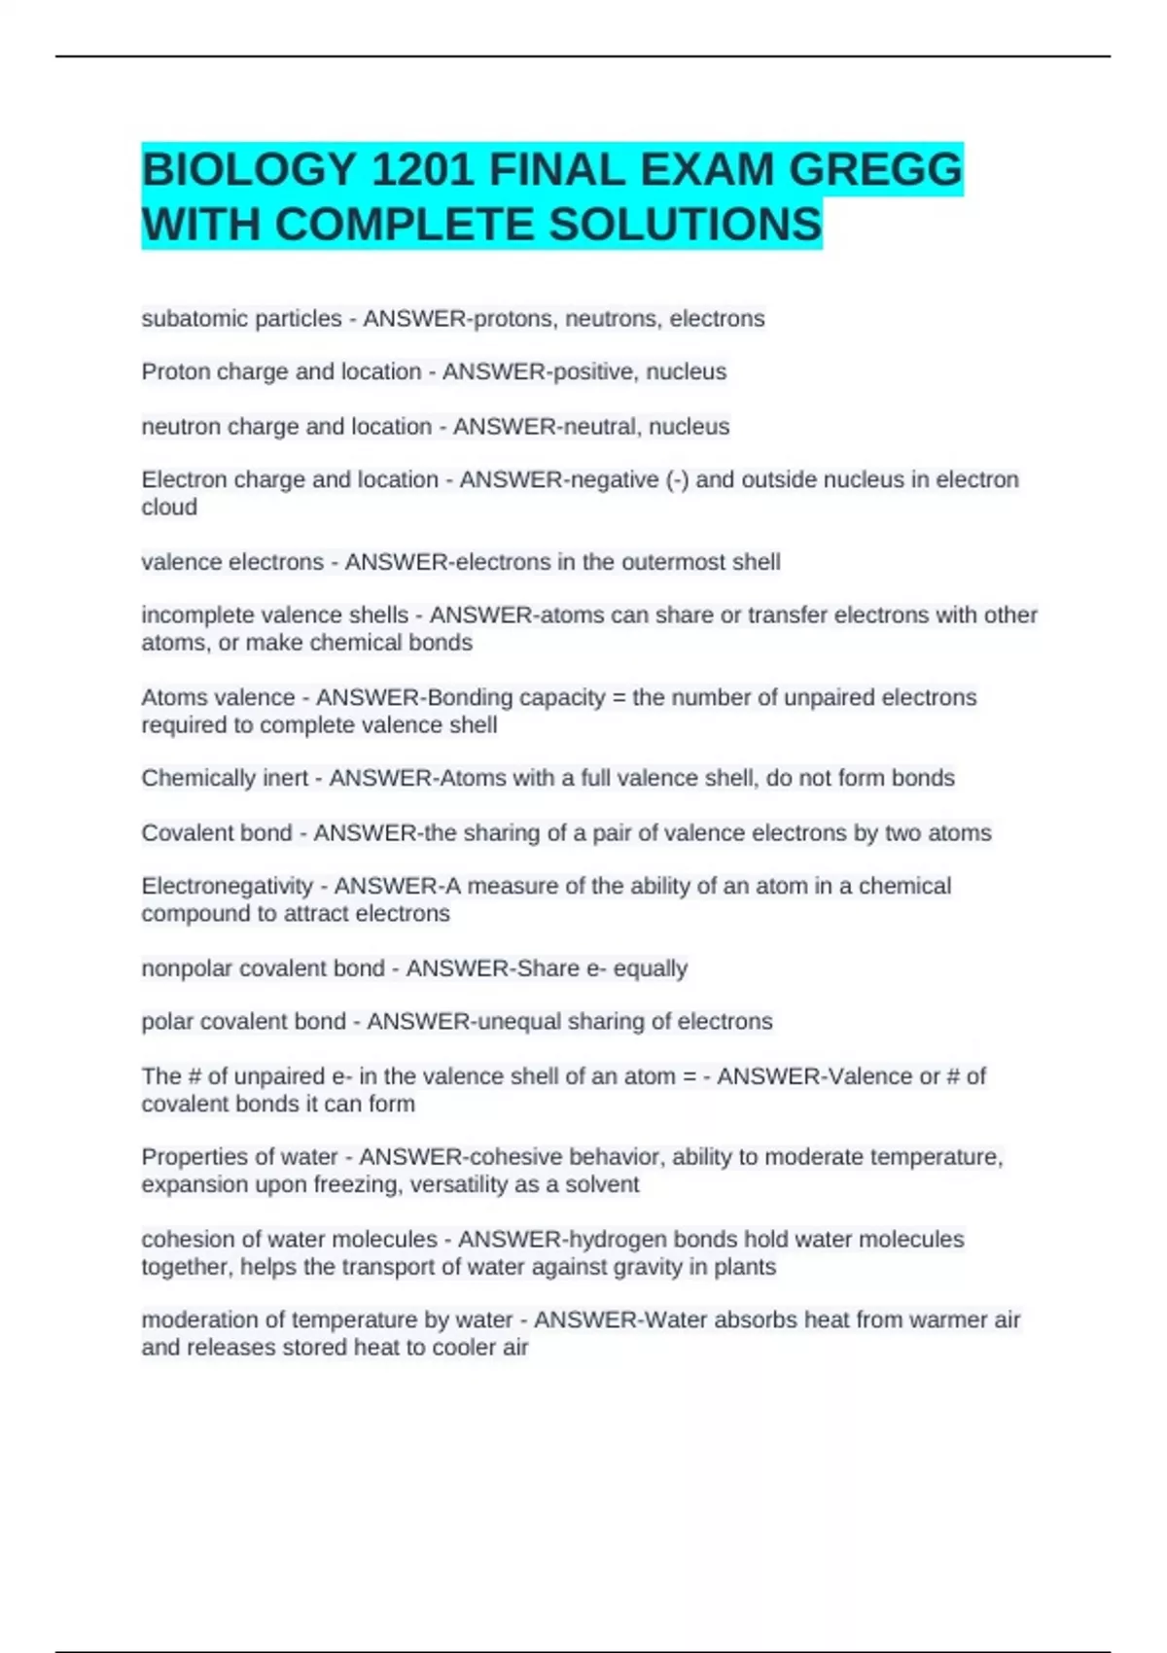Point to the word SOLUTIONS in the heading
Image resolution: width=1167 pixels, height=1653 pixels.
point(686,225)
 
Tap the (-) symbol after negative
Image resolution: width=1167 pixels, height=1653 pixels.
point(677,480)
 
